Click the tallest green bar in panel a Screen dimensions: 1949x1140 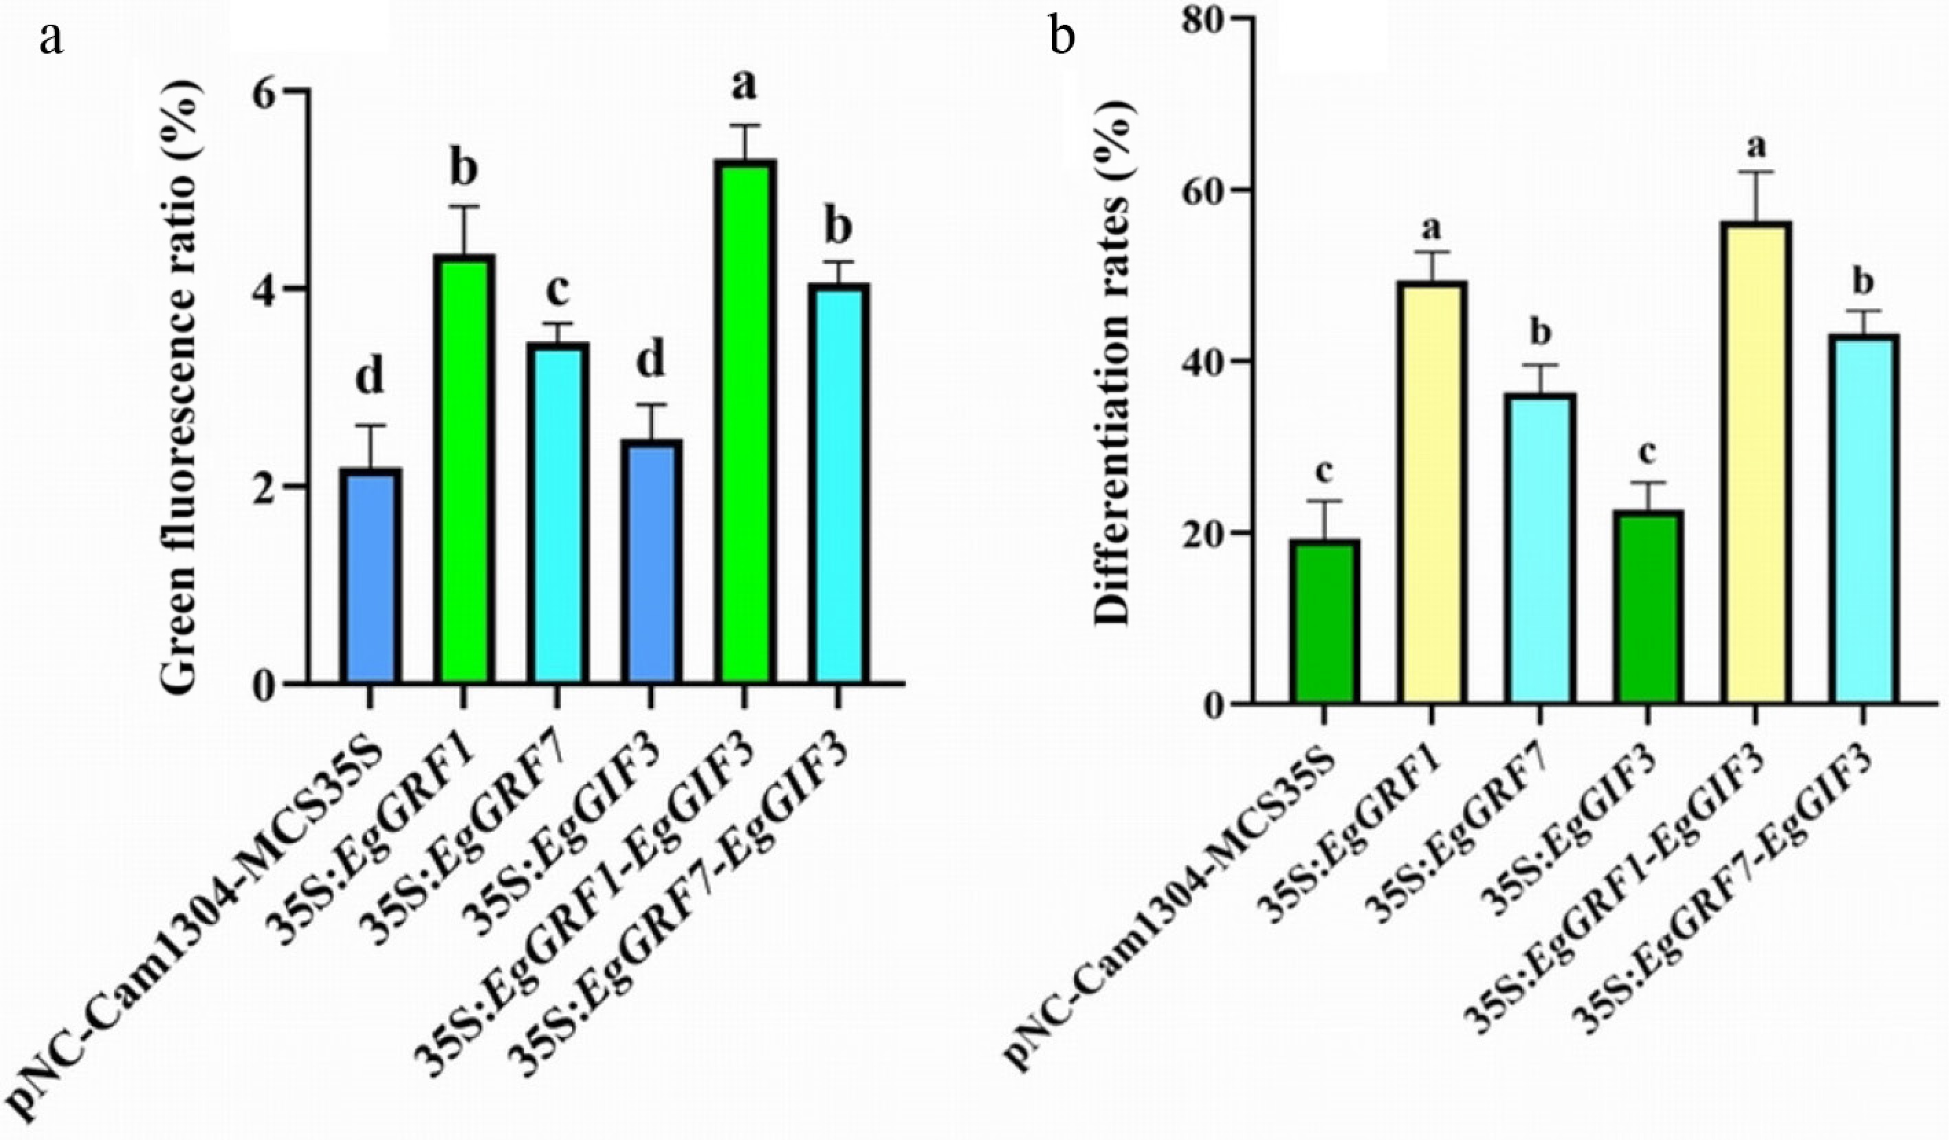[744, 421]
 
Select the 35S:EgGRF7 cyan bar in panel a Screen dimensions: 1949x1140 [558, 513]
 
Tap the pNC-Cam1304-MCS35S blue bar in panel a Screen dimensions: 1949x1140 [371, 576]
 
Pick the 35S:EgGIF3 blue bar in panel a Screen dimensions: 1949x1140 [651, 562]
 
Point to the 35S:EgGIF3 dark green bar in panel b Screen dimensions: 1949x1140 [1647, 607]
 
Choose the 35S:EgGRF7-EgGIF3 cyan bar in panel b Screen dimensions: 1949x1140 [1864, 519]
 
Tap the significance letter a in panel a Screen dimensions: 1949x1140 [744, 87]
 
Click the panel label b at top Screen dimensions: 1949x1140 [1063, 38]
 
